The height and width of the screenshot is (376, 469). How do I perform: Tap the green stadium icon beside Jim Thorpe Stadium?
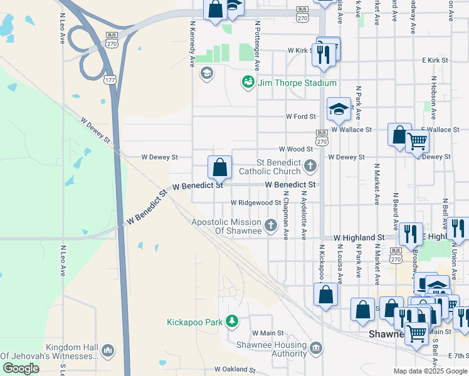pyautogui.click(x=248, y=82)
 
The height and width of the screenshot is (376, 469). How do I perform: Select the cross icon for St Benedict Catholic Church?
pyautogui.click(x=310, y=166)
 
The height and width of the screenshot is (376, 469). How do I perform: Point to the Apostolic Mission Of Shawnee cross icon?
pyautogui.click(x=271, y=226)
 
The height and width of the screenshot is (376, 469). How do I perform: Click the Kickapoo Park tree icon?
pyautogui.click(x=233, y=321)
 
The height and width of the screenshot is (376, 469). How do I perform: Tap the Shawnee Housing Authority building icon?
pyautogui.click(x=316, y=348)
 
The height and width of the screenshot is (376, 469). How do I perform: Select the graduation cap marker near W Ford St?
pyautogui.click(x=339, y=110)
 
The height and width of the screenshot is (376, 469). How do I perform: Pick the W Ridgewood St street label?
pyautogui.click(x=255, y=203)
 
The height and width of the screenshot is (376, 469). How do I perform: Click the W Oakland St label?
pyautogui.click(x=236, y=370)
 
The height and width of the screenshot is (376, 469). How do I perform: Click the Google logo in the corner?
pyautogui.click(x=21, y=368)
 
